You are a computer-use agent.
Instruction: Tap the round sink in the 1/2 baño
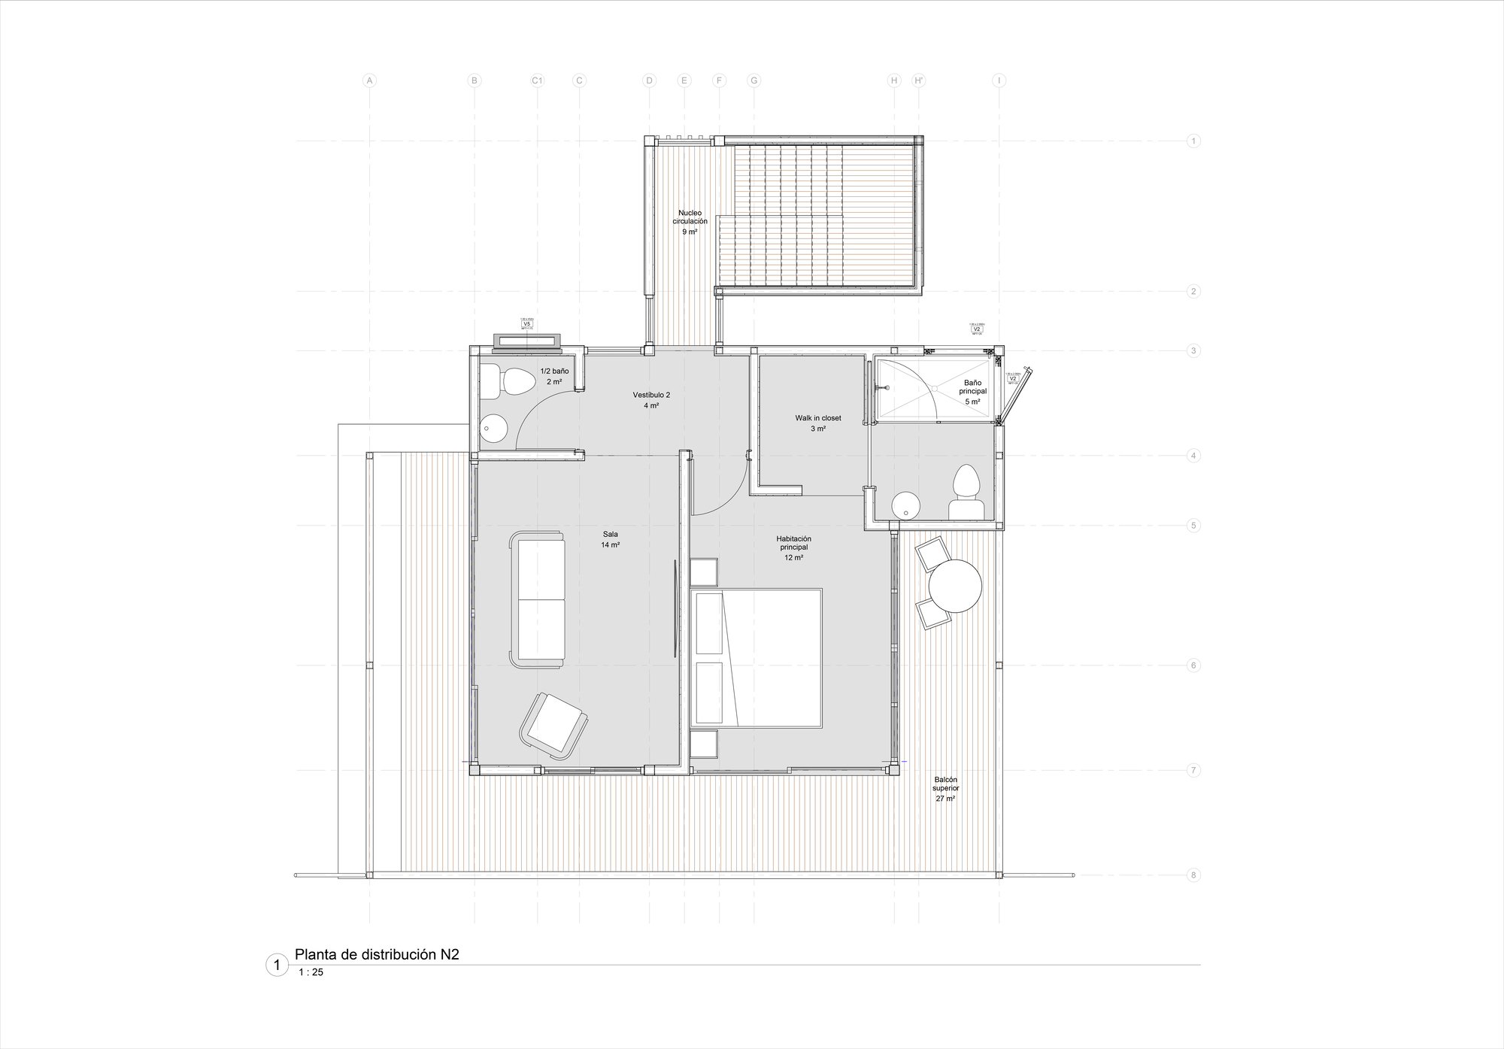point(494,429)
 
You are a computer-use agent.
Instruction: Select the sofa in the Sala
point(538,599)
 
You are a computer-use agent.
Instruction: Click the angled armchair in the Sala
point(553,726)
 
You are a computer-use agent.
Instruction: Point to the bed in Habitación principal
point(757,658)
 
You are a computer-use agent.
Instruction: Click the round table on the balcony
point(955,587)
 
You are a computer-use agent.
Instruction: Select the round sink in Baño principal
point(906,506)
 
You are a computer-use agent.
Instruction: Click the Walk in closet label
point(818,423)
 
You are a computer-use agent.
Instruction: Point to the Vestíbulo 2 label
point(651,399)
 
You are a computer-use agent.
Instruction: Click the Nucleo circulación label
point(690,222)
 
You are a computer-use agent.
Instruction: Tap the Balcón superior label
point(945,789)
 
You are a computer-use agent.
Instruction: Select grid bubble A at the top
point(369,80)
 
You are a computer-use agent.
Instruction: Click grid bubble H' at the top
point(918,80)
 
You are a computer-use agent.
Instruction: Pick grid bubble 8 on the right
point(1193,875)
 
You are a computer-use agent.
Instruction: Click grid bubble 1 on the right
point(1193,141)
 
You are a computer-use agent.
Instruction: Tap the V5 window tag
point(526,323)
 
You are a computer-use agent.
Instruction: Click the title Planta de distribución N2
point(377,955)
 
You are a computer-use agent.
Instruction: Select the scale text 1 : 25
point(311,972)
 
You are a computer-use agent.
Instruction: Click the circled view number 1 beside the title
point(277,965)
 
